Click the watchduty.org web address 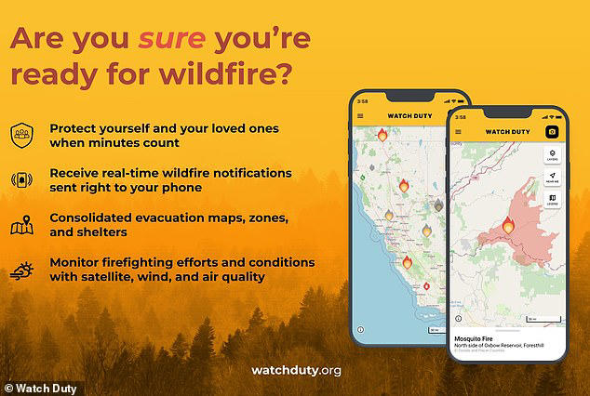pyautogui.click(x=296, y=370)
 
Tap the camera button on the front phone pyautogui.click(x=552, y=132)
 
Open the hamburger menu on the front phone pyautogui.click(x=459, y=133)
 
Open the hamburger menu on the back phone pyautogui.click(x=360, y=116)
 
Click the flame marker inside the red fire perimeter pyautogui.click(x=508, y=225)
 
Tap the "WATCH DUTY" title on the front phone pyautogui.click(x=504, y=133)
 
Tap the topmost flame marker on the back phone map pyautogui.click(x=382, y=135)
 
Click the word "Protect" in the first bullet pyautogui.click(x=74, y=127)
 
